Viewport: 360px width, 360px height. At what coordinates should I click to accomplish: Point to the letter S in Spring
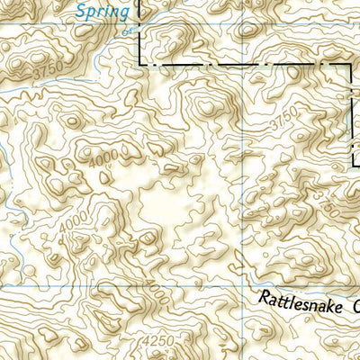click(79, 11)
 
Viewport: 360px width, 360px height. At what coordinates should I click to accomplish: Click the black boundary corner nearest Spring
click(139, 63)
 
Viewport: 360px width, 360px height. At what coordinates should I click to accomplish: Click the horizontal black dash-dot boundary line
click(243, 64)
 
